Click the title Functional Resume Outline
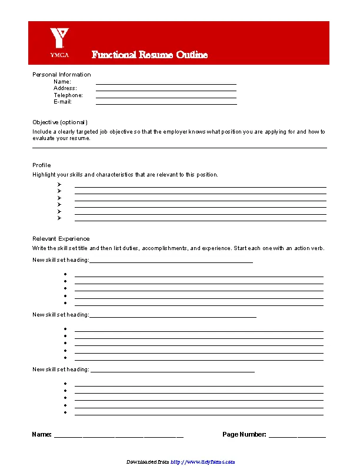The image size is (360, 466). click(x=149, y=55)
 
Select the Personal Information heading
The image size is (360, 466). click(x=62, y=74)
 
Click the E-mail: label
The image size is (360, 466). click(x=62, y=102)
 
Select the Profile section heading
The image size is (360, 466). click(x=41, y=165)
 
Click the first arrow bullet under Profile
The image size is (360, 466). click(x=59, y=184)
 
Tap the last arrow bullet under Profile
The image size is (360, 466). click(x=59, y=218)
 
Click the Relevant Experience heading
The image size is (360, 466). click(x=61, y=238)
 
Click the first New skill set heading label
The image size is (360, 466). click(x=61, y=260)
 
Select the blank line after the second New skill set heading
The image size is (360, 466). click(x=173, y=317)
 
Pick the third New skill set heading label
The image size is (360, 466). click(x=61, y=370)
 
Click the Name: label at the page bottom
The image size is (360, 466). click(x=42, y=435)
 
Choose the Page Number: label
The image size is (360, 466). click(x=244, y=435)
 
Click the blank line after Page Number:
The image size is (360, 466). click(x=297, y=437)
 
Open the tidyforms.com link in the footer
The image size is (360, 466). click(x=203, y=462)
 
